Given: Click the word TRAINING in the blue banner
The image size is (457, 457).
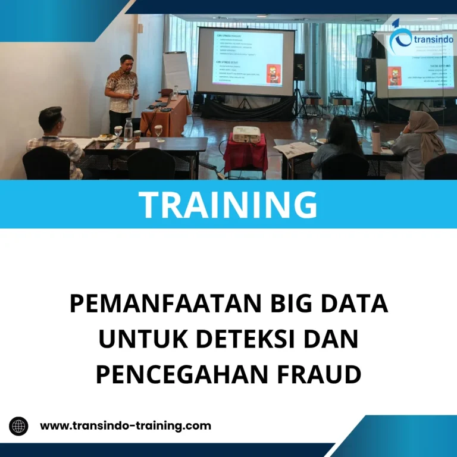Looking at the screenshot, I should [x=228, y=204].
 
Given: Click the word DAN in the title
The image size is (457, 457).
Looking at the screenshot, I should [x=331, y=339].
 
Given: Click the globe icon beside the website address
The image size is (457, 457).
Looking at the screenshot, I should [x=19, y=426].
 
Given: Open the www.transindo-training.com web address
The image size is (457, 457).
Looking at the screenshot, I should [x=126, y=426].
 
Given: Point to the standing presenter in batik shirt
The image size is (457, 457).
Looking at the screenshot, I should [x=121, y=92].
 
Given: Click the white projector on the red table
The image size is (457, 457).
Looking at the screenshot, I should [x=246, y=134].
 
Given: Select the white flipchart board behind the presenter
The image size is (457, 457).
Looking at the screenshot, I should [x=177, y=70].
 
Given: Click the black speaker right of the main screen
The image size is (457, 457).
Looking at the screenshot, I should [x=299, y=67].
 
